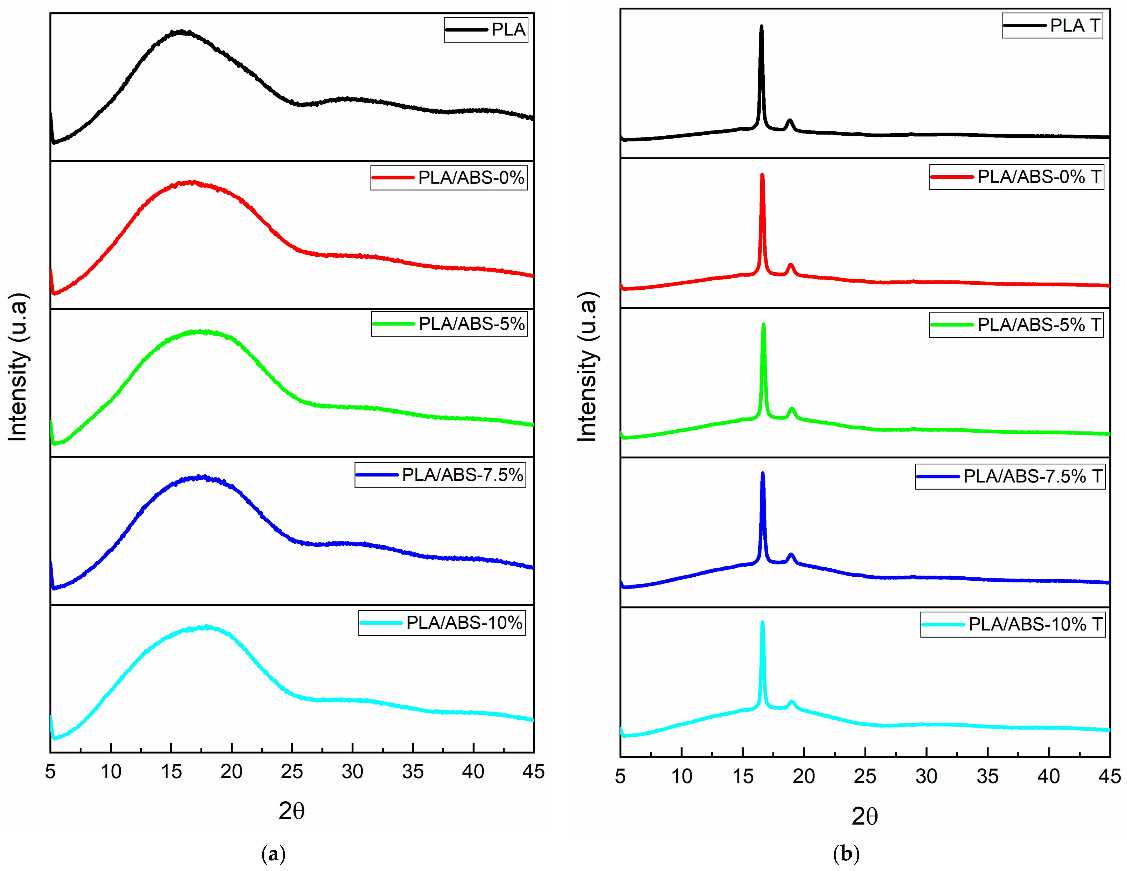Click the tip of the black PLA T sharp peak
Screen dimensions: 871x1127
point(761,26)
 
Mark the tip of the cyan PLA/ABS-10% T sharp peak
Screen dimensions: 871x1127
point(762,622)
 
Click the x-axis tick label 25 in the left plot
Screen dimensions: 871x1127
point(292,772)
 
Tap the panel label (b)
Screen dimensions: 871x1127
point(846,854)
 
